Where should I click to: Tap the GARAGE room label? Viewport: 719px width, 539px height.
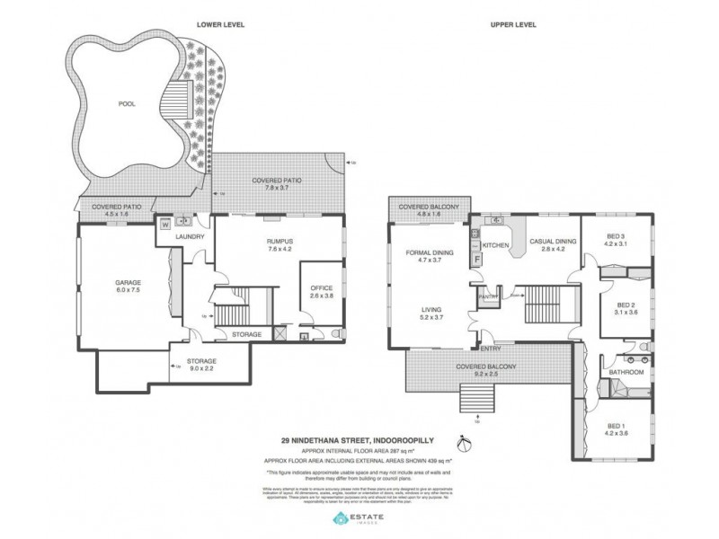(127, 283)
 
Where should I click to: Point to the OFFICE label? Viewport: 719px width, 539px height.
(322, 287)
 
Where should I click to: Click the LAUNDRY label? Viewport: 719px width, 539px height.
(191, 237)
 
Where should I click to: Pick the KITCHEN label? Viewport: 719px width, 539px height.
(496, 245)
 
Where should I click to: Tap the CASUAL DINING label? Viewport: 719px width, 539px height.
(552, 241)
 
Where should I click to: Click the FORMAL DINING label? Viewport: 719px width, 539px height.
(430, 253)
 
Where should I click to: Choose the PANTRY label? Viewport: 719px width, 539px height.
(489, 296)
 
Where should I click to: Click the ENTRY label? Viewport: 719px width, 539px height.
(490, 349)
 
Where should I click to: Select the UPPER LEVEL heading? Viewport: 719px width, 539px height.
(514, 24)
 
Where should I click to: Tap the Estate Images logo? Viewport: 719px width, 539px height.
(359, 519)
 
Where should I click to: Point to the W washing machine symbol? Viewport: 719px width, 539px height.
(164, 225)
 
